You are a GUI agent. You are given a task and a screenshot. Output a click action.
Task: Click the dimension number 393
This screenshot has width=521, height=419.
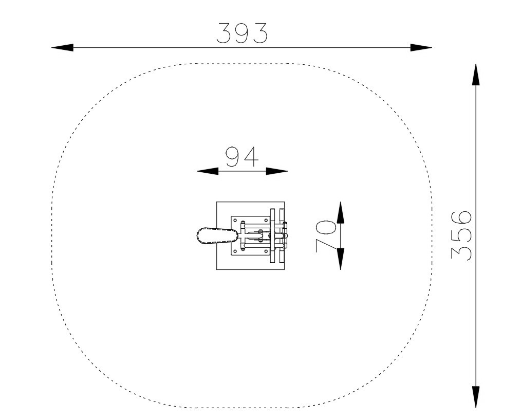[242, 33]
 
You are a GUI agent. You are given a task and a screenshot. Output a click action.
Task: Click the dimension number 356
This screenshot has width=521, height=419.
[461, 235]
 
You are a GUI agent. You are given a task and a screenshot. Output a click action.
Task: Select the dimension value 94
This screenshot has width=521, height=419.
[242, 157]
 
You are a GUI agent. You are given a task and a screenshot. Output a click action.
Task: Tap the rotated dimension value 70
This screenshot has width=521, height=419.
[326, 235]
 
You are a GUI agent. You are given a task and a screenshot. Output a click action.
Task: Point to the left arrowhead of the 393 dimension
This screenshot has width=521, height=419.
[63, 47]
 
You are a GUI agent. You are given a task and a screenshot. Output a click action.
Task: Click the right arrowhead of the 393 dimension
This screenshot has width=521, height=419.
[421, 47]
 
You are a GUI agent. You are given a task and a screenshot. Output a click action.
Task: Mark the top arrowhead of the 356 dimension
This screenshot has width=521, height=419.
[476, 75]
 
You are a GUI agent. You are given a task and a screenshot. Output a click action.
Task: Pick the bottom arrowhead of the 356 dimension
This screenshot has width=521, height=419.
[476, 397]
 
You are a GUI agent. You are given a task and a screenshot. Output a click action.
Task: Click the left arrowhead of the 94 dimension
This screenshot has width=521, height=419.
[208, 171]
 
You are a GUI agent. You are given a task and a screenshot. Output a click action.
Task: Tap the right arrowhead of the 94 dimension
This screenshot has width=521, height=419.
[277, 171]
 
